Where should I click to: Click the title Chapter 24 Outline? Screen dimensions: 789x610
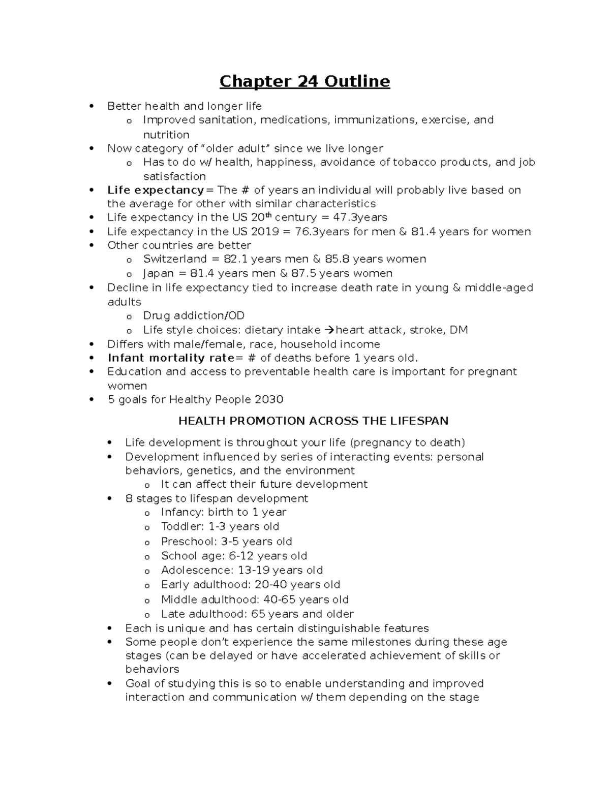click(304, 81)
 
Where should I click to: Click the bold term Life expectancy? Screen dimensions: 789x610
click(155, 190)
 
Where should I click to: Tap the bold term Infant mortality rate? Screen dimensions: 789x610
click(171, 358)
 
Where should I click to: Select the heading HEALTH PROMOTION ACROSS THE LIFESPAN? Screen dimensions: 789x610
click(313, 421)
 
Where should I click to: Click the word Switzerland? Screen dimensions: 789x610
click(175, 259)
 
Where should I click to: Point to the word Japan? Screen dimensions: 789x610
click(158, 273)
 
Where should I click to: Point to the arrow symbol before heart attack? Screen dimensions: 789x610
click(329, 330)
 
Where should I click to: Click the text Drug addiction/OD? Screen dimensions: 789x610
click(194, 315)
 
